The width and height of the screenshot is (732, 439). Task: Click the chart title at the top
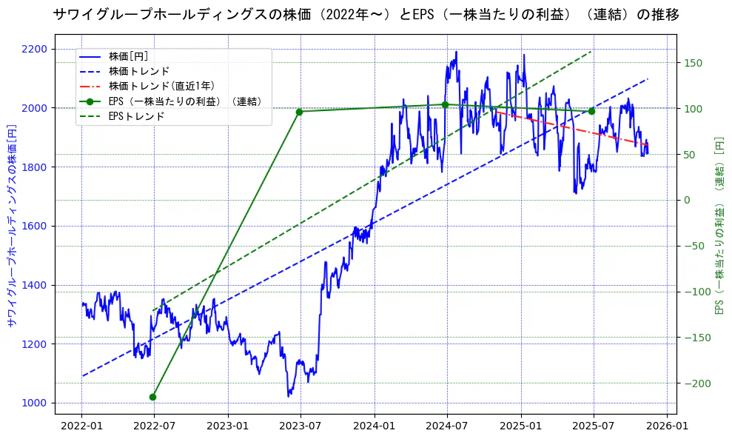click(x=366, y=14)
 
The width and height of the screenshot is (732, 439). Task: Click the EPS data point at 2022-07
click(x=152, y=397)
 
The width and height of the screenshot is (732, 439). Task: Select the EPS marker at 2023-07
click(x=299, y=112)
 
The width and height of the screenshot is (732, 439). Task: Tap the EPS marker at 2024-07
click(x=445, y=104)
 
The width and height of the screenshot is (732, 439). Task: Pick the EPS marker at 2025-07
click(x=591, y=111)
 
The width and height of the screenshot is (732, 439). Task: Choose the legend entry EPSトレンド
click(x=136, y=116)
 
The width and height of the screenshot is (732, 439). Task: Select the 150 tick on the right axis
click(x=693, y=63)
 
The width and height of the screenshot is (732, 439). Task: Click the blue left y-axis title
click(x=11, y=226)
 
